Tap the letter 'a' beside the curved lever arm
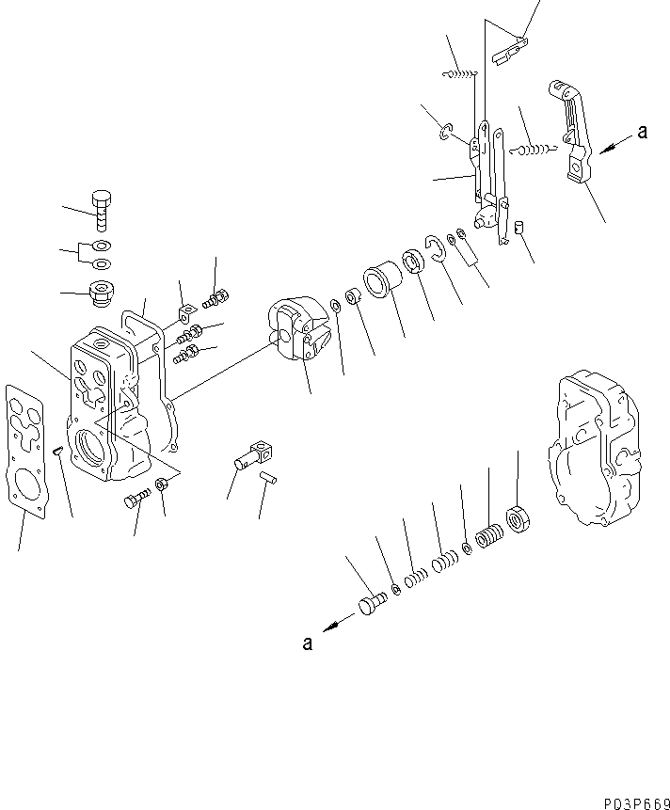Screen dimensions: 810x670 [x=642, y=133]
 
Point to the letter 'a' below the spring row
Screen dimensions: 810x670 [x=307, y=643]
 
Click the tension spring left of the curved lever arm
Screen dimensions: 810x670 [x=534, y=147]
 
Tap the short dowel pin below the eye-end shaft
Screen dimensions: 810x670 [x=266, y=478]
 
